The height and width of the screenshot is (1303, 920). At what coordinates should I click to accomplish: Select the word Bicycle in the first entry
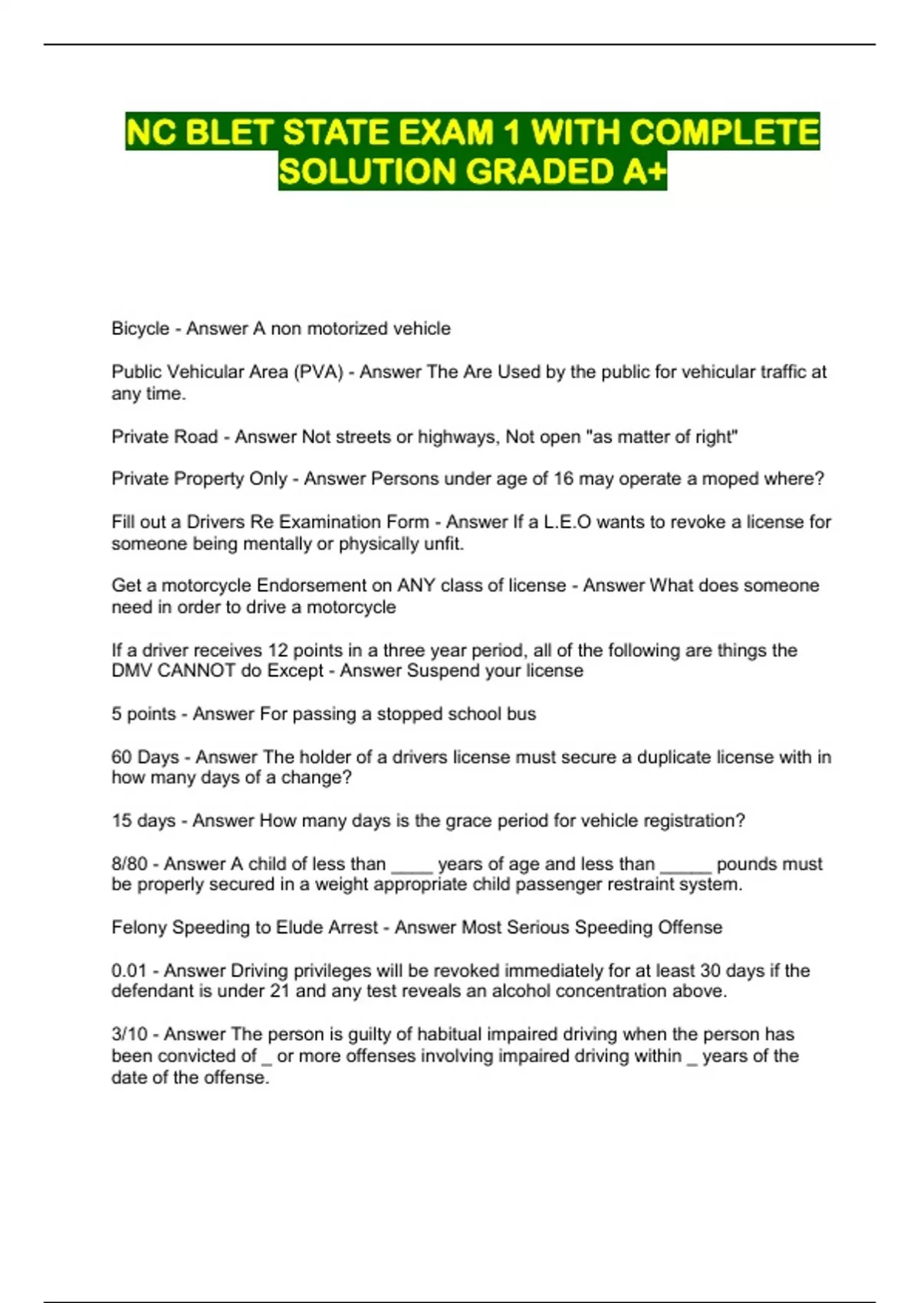pyautogui.click(x=140, y=329)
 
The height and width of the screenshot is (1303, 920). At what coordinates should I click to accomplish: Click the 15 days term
pyautogui.click(x=143, y=821)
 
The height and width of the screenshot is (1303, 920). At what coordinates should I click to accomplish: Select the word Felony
pyautogui.click(x=139, y=927)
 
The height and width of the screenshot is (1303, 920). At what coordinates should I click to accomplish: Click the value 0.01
pyautogui.click(x=129, y=970)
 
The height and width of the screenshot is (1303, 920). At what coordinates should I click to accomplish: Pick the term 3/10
pyautogui.click(x=129, y=1034)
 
